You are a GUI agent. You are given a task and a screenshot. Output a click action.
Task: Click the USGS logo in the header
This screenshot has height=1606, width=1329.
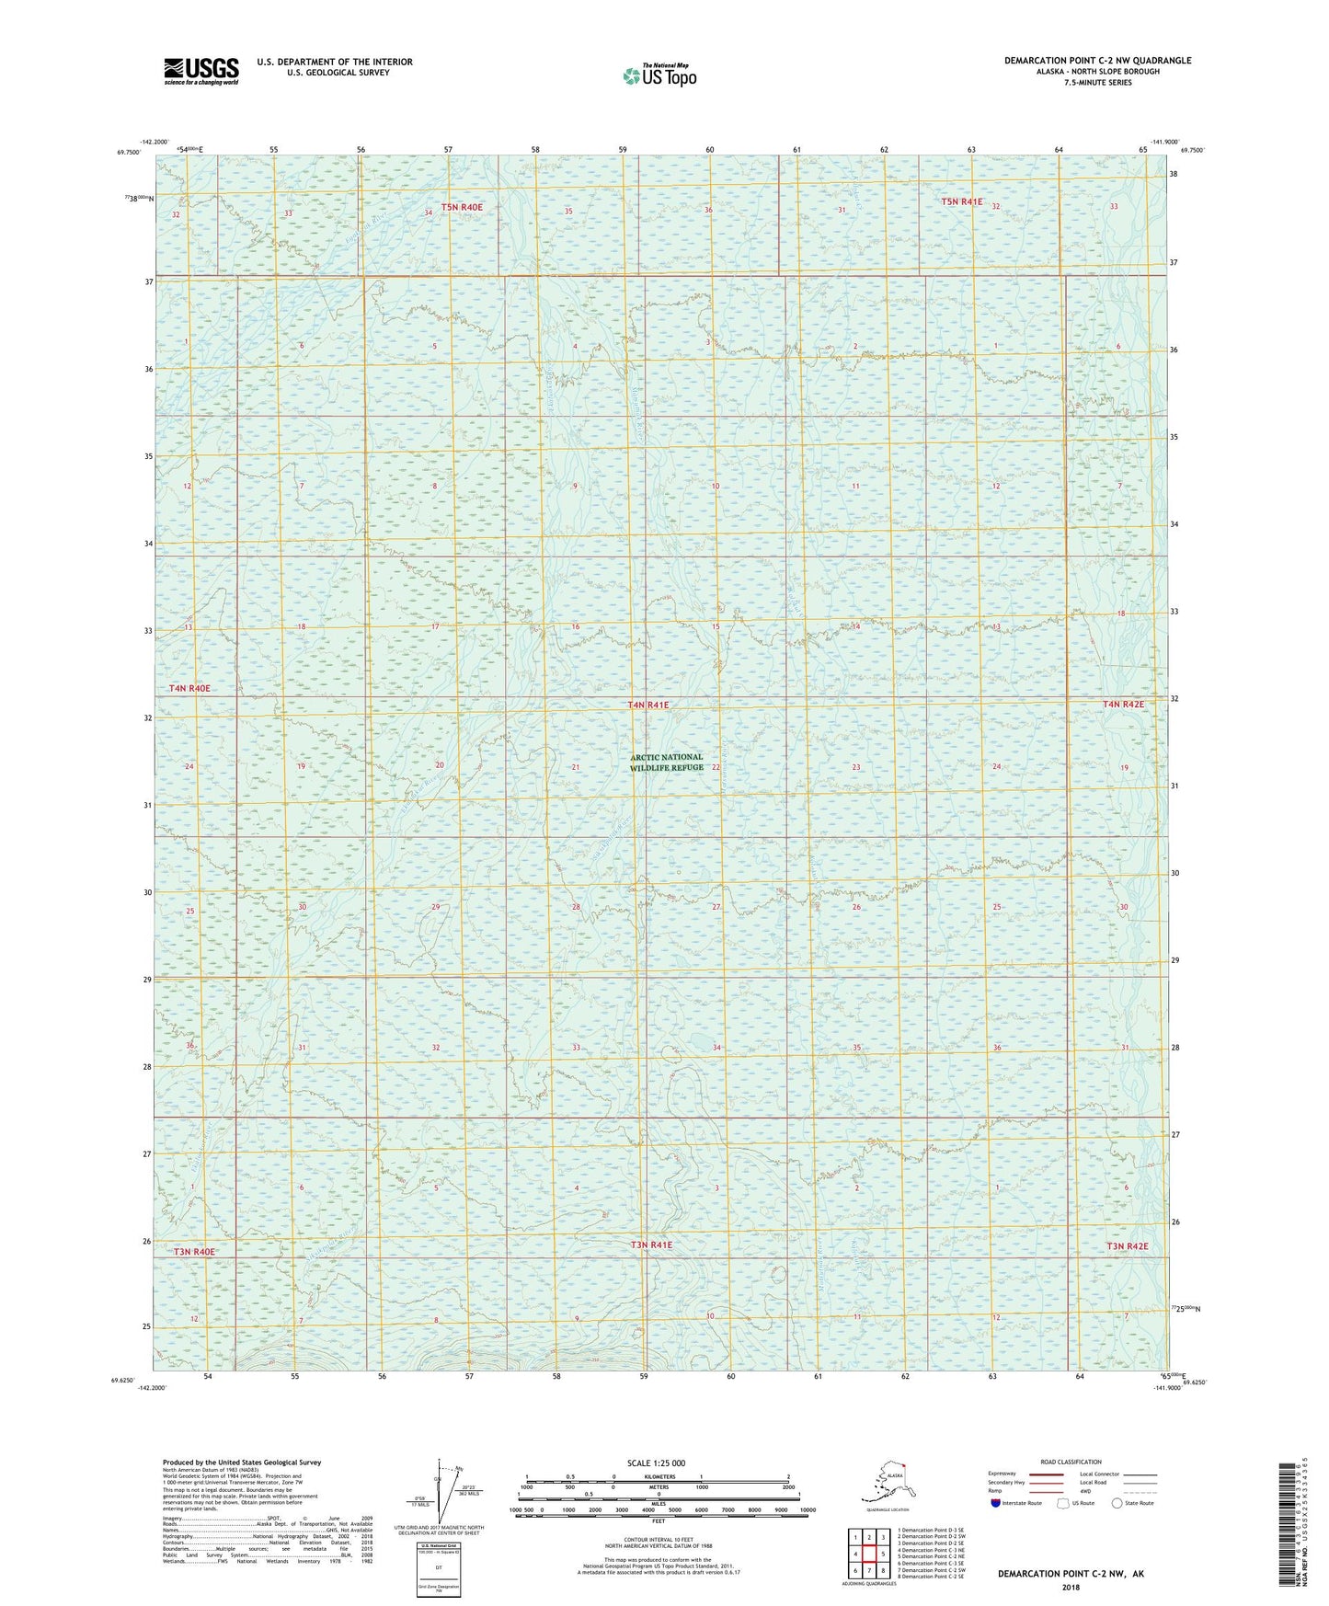coord(201,71)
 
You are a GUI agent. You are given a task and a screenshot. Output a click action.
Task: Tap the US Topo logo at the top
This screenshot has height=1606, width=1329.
coord(659,75)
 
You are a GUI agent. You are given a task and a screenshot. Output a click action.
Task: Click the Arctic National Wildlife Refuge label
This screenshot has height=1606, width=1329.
coord(667,763)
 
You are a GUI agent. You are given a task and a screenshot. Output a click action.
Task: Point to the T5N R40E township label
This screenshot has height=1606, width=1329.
coord(462,208)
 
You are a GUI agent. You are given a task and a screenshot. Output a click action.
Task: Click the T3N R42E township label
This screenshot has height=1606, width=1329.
coord(1127,1246)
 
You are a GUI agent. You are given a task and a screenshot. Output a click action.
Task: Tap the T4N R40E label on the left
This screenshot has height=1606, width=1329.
coord(189,688)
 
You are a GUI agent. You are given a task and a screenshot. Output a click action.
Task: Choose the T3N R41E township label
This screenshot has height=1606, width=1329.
coord(651,1245)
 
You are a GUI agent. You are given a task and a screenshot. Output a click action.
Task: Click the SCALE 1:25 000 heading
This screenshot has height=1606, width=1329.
coord(656,1463)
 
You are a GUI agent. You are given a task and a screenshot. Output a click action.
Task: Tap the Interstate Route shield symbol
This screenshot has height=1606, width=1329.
coord(996,1503)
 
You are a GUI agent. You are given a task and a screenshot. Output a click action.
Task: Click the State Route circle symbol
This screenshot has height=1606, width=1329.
coord(1117,1503)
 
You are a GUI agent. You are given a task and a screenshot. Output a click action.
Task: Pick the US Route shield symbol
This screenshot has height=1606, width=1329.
coord(1064,1503)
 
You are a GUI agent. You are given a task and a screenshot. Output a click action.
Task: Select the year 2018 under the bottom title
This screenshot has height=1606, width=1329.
coord(1071,1587)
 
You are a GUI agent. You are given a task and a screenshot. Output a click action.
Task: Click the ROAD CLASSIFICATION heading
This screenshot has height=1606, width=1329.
coord(1071,1462)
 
